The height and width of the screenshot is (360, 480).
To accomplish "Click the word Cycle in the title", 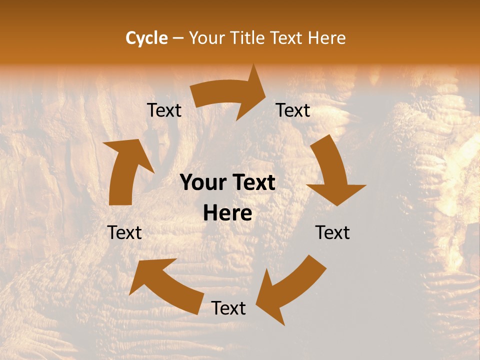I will (146, 38).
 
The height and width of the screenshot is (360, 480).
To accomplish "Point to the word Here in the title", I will (326, 38).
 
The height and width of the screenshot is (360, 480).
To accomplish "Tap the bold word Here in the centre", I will (227, 213).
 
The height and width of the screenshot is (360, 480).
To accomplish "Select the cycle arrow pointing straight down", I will (332, 172).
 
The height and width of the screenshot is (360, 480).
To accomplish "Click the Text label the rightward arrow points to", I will (293, 110).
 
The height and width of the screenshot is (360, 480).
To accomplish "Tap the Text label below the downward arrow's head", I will (332, 232).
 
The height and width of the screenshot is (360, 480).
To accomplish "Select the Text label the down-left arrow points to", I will (228, 308).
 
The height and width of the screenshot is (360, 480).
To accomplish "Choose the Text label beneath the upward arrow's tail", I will (124, 232).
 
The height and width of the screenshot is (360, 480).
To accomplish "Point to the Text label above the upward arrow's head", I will (164, 110).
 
